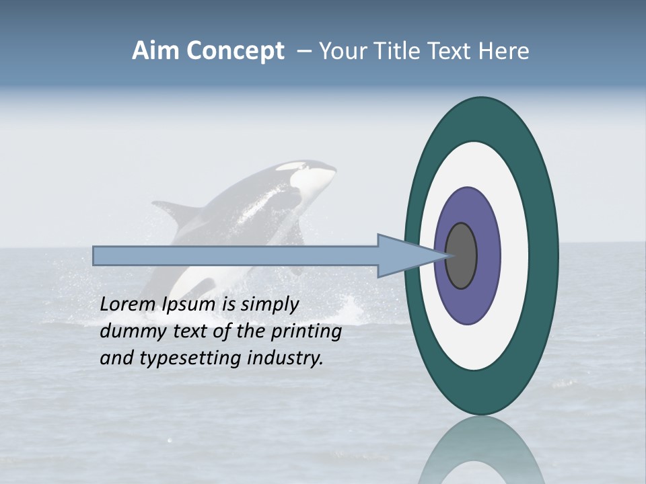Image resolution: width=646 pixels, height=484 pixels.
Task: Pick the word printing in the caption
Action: pyautogui.click(x=306, y=331)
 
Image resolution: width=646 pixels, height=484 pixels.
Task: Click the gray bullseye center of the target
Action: pyautogui.click(x=462, y=255)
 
